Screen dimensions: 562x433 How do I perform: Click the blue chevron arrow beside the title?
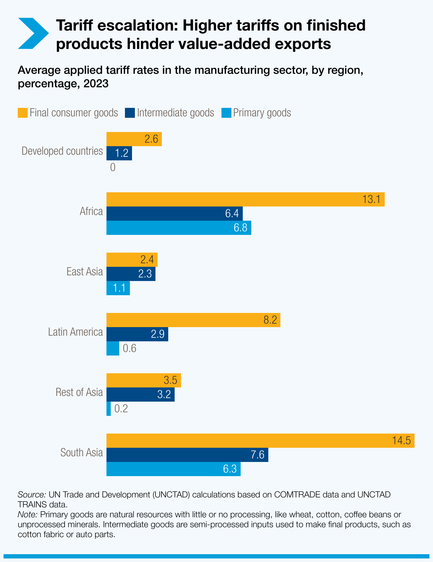coord(33,33)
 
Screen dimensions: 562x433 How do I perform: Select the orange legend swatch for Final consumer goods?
coord(23,113)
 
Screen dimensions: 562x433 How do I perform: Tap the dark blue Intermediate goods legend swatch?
coord(130,113)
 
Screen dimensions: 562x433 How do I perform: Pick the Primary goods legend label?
coord(262,113)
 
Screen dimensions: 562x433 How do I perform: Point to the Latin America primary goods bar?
coord(113,348)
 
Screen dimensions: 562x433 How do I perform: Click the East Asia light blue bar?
coord(118,288)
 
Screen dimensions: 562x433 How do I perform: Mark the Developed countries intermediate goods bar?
coord(119,153)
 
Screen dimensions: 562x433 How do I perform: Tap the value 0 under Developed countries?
coord(113,167)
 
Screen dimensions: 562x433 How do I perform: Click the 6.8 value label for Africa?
coord(240,228)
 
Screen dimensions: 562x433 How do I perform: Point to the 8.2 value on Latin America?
coord(270,320)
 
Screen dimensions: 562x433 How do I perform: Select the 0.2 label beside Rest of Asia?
coord(121,409)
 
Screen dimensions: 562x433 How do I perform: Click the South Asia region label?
coord(82,453)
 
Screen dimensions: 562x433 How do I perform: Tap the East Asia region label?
coord(84,272)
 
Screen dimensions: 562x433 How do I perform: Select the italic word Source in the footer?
coord(32,495)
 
